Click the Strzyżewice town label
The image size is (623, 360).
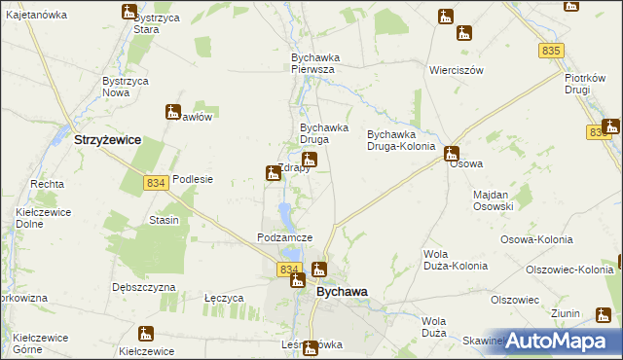[x=107, y=140]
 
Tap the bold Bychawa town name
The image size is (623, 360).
[x=342, y=291]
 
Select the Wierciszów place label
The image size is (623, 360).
[x=457, y=71]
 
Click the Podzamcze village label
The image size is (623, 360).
[x=284, y=237]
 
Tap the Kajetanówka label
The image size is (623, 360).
[x=36, y=16]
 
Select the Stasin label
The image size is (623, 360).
[x=164, y=221]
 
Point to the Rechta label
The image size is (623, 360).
[x=47, y=184]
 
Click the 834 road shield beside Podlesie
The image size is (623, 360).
[x=155, y=183]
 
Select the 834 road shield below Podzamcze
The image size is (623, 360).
[x=288, y=269]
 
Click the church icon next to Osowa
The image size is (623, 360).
[x=452, y=153]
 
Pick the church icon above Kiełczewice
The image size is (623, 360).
[x=146, y=334]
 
